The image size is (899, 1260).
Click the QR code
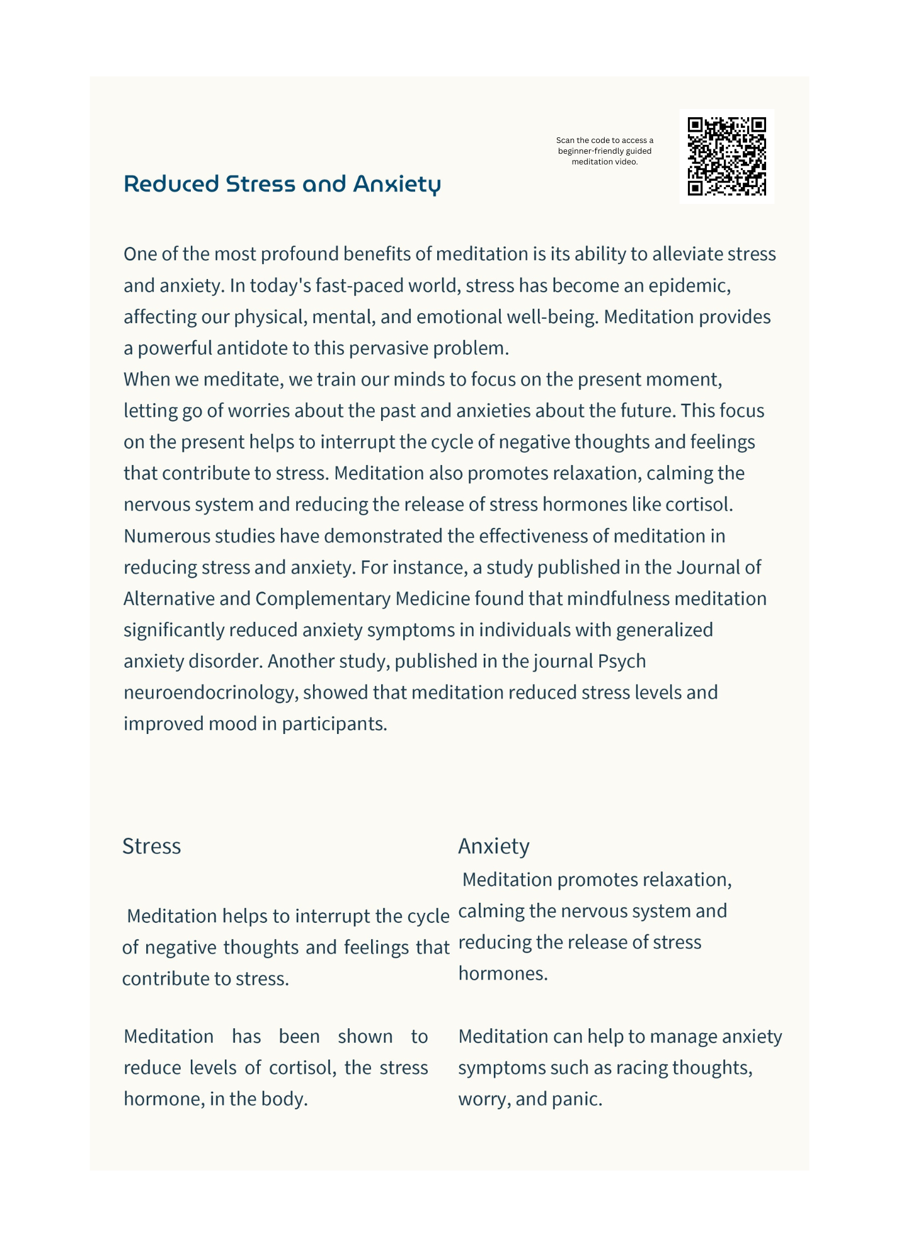(x=726, y=156)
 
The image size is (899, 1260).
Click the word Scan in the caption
(x=565, y=140)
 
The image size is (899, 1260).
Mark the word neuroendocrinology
(x=210, y=693)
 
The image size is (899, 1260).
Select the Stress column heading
(x=152, y=846)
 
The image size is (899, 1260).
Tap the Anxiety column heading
(x=494, y=846)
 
